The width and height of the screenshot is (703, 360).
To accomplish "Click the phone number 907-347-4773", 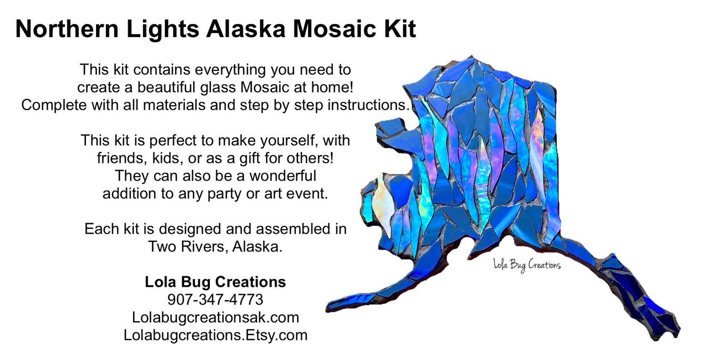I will point(215,300).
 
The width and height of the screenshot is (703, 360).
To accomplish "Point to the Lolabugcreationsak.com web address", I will point(215,317).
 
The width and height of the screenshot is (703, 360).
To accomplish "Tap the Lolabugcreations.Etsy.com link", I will point(215,335).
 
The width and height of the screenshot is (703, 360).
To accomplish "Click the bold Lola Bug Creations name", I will point(215,282).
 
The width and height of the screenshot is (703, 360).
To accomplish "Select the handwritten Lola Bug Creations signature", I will point(527,265).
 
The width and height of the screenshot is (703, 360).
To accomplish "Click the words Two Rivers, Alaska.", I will point(215,247).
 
